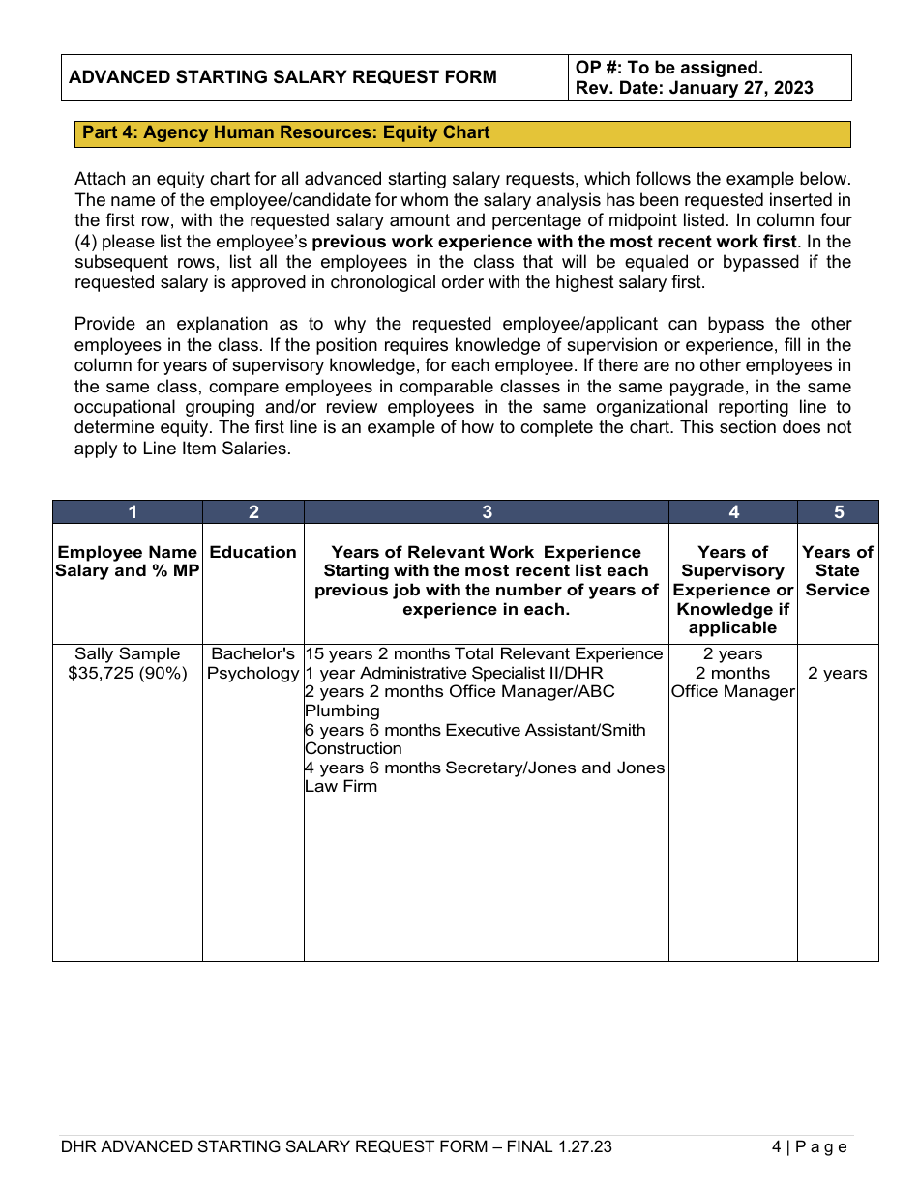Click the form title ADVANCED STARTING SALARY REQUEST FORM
(x=283, y=77)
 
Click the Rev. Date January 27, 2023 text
(x=694, y=88)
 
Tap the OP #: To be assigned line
(x=668, y=68)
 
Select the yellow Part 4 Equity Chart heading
(x=286, y=132)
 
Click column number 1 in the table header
(x=133, y=512)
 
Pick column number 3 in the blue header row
(x=487, y=512)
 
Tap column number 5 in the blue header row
(x=838, y=512)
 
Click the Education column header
(x=253, y=552)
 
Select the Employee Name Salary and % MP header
(x=127, y=562)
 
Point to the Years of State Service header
(x=838, y=570)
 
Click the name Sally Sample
(x=127, y=654)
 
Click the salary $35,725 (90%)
(x=127, y=673)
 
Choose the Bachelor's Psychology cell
(x=253, y=663)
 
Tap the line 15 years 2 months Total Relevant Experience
(x=484, y=654)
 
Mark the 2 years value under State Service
(x=838, y=673)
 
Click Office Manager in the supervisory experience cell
(x=732, y=692)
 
